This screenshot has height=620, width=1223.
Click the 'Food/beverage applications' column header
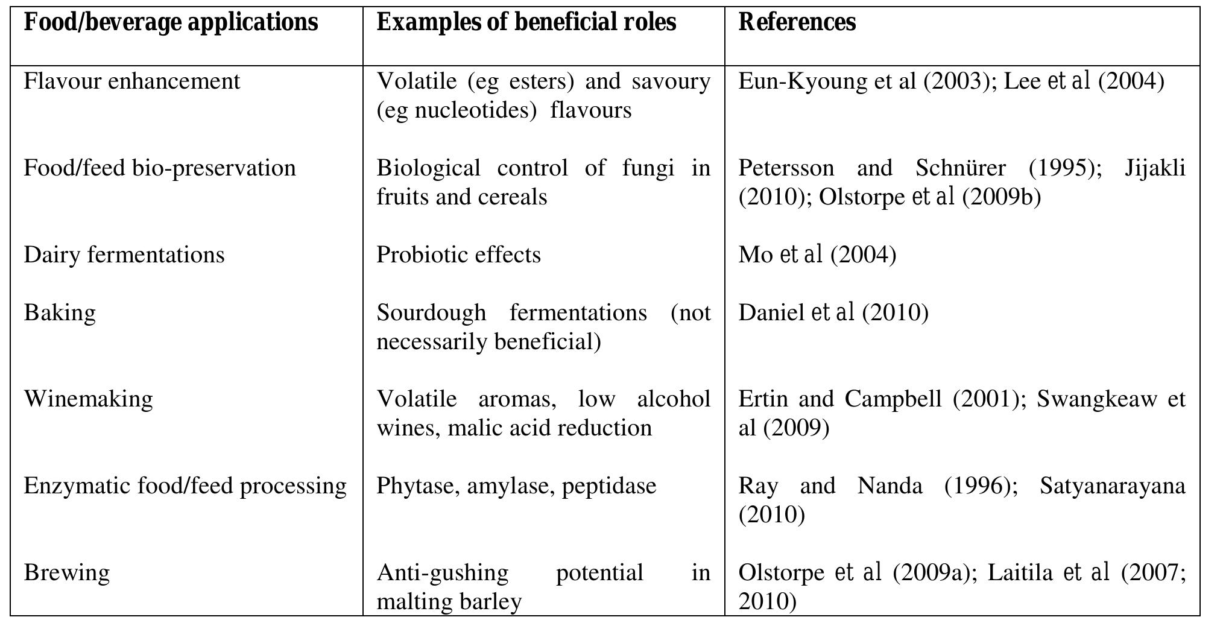pyautogui.click(x=171, y=23)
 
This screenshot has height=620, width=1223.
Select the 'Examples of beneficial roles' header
pyautogui.click(x=526, y=23)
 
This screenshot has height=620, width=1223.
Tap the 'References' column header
pyautogui.click(x=797, y=23)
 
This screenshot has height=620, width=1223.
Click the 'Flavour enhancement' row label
pyautogui.click(x=131, y=81)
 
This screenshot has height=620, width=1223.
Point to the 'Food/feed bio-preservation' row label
pyautogui.click(x=160, y=168)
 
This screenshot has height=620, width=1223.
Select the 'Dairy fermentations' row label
pyautogui.click(x=124, y=255)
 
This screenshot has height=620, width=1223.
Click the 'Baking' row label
pyautogui.click(x=60, y=313)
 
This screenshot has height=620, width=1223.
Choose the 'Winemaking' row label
pyautogui.click(x=88, y=399)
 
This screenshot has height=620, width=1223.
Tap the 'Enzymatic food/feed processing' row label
pyautogui.click(x=185, y=486)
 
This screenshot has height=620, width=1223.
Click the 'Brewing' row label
pyautogui.click(x=66, y=572)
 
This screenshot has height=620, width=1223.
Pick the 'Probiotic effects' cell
pyautogui.click(x=458, y=255)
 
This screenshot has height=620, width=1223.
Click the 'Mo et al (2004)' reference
pyautogui.click(x=817, y=255)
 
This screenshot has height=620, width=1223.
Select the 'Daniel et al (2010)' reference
pyautogui.click(x=833, y=313)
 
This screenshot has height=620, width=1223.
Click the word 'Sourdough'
pyautogui.click(x=431, y=313)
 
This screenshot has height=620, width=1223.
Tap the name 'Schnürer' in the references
pyautogui.click(x=960, y=168)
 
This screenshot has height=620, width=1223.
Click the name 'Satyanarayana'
pyautogui.click(x=1113, y=486)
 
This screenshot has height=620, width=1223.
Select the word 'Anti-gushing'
pyautogui.click(x=442, y=572)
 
